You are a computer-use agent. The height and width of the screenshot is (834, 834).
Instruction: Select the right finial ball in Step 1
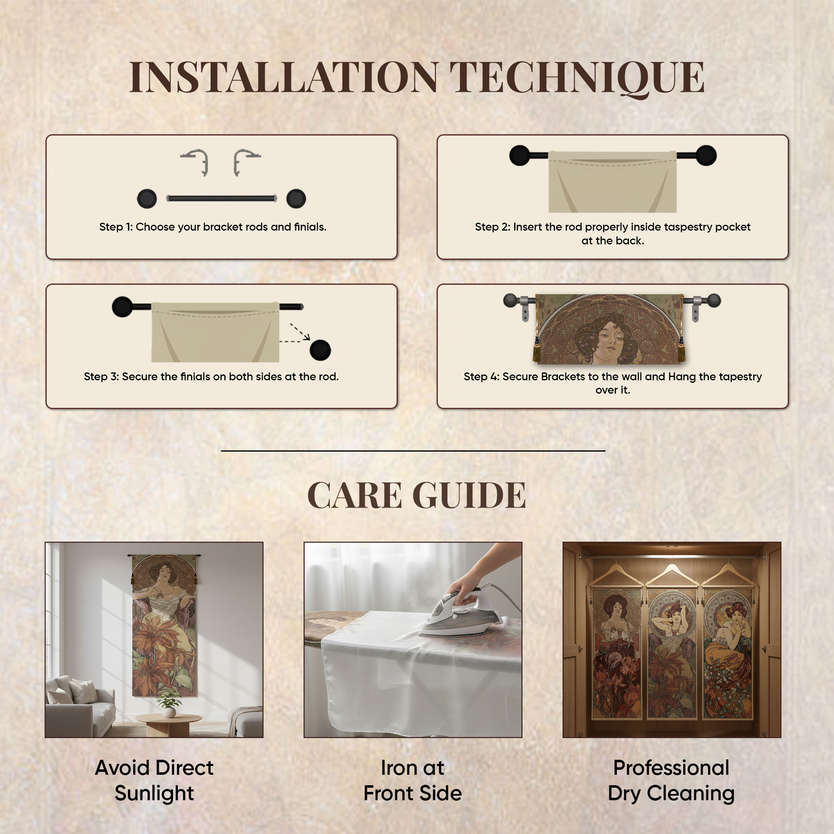(x=296, y=198)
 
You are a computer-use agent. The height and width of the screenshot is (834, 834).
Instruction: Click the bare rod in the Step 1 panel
(x=221, y=198)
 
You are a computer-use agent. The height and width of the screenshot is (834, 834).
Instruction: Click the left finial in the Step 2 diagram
(x=520, y=156)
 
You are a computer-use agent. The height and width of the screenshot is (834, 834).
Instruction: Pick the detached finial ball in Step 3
(x=320, y=350)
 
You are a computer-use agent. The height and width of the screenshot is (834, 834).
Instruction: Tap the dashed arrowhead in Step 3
(x=306, y=335)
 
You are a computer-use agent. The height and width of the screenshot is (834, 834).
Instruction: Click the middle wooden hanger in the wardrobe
(x=672, y=573)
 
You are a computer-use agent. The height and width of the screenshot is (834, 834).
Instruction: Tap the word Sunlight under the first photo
(x=154, y=794)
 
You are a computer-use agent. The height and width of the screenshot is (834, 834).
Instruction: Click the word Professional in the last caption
(x=671, y=768)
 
